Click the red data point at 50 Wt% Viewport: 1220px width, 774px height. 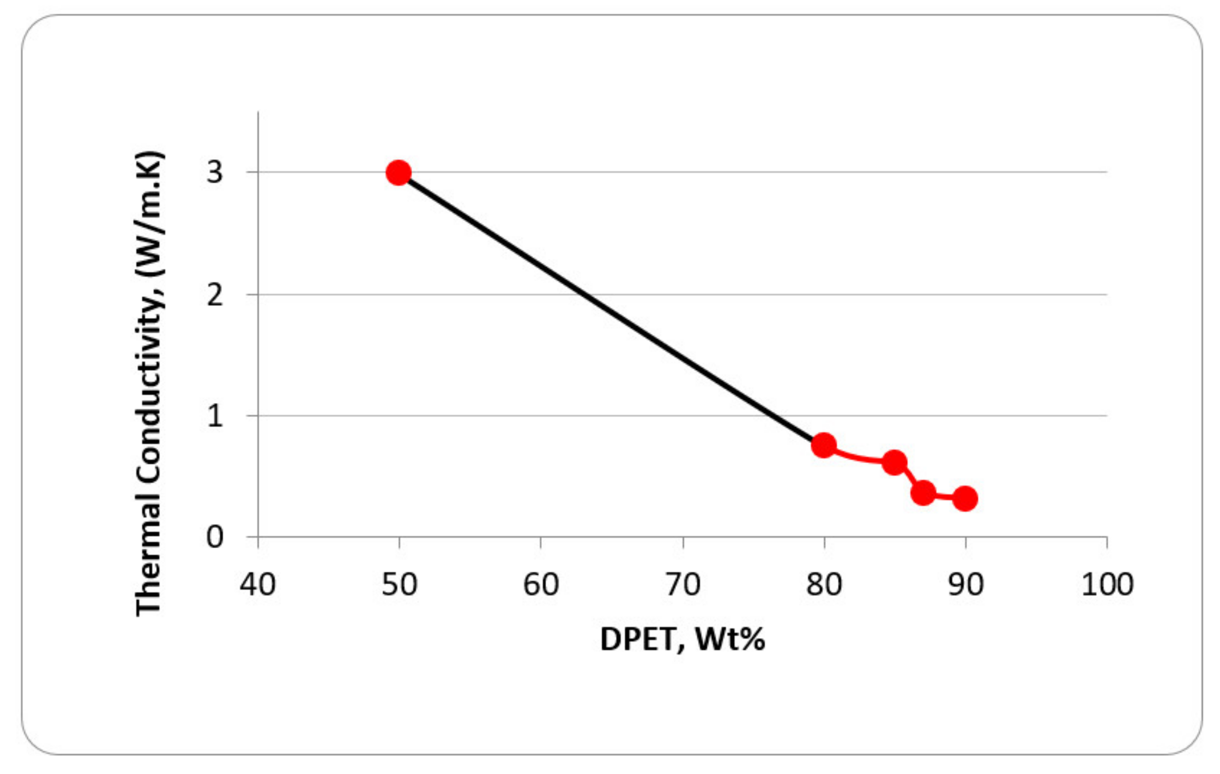(398, 173)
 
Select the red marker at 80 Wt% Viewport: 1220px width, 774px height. (823, 446)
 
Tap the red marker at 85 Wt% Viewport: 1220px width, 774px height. (894, 463)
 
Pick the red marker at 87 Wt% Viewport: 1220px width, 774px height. (923, 493)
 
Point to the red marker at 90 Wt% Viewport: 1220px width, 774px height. (965, 499)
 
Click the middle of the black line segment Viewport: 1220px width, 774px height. (611, 309)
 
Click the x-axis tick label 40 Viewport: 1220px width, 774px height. (258, 585)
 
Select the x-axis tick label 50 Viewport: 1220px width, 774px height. (399, 585)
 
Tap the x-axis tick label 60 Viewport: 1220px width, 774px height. (541, 585)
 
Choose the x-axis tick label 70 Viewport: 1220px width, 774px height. (683, 585)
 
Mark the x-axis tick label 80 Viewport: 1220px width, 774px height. (824, 585)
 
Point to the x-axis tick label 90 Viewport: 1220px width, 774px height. (965, 585)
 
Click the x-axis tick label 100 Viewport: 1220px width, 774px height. (1107, 585)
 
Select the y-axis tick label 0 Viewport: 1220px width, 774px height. (215, 537)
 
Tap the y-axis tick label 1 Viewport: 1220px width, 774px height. (215, 416)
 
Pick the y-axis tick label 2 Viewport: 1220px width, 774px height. (215, 295)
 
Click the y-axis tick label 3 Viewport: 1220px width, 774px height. (215, 172)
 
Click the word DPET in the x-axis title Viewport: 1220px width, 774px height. (638, 639)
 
